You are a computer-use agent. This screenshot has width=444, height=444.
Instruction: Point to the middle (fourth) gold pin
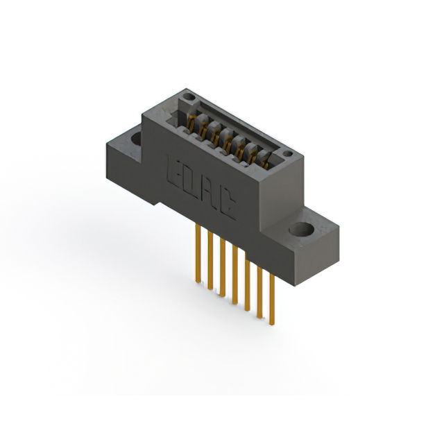point(234,277)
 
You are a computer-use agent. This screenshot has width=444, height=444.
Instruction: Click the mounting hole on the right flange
point(302,228)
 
